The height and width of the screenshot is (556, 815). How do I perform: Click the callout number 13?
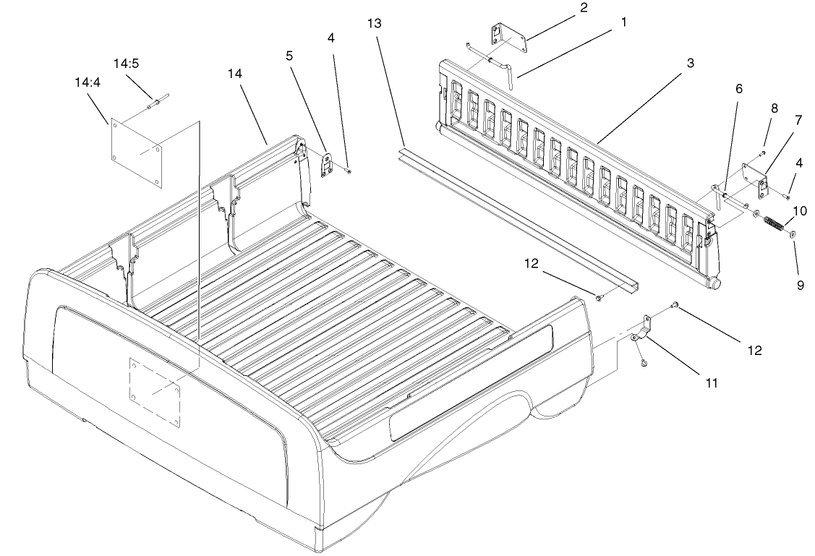coord(373,23)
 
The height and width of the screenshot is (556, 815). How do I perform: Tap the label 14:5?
coord(126,63)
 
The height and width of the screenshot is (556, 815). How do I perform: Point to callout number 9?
coord(801,285)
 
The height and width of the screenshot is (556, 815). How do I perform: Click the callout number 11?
coord(712,382)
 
